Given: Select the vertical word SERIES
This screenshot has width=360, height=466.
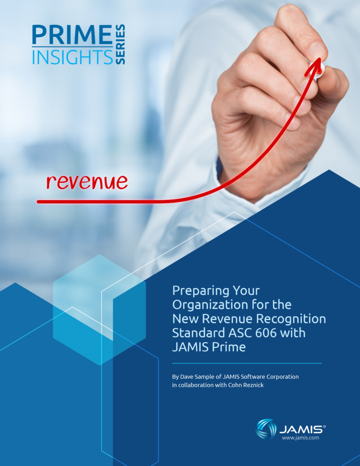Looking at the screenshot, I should tap(120, 45).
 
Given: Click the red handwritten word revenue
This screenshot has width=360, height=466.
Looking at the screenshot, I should tap(87, 181).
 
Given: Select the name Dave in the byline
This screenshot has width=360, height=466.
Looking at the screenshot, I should tap(192, 376).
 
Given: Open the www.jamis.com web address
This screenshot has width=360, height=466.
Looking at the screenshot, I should tap(300, 438).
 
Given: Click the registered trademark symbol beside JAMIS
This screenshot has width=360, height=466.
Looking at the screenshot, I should tap(324, 426).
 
